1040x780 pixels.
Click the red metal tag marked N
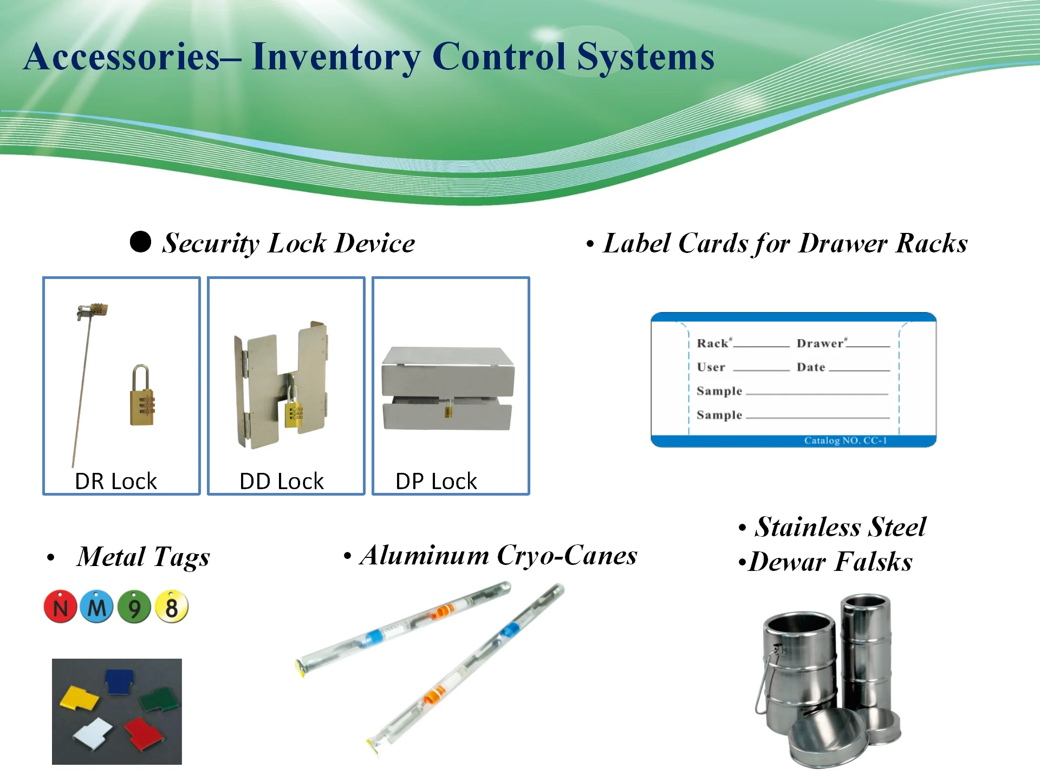coord(60,607)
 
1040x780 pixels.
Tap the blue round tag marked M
coord(96,607)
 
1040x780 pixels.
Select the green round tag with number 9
coord(134,607)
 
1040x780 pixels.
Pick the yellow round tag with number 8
coord(172,607)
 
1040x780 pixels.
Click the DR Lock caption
coord(115,481)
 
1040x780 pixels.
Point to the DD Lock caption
coord(281,481)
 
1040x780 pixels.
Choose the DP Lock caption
coord(436,481)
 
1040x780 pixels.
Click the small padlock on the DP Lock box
coord(448,409)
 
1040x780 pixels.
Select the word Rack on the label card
coord(712,343)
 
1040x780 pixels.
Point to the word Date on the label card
coord(811,367)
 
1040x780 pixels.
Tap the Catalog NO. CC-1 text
coord(845,440)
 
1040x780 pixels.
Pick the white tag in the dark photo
coord(93,732)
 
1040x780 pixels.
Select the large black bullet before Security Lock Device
coord(140,242)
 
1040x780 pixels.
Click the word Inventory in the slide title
coord(336,57)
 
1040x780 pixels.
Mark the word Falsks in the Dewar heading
coord(873,562)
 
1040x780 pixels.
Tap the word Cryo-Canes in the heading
coord(567,555)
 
